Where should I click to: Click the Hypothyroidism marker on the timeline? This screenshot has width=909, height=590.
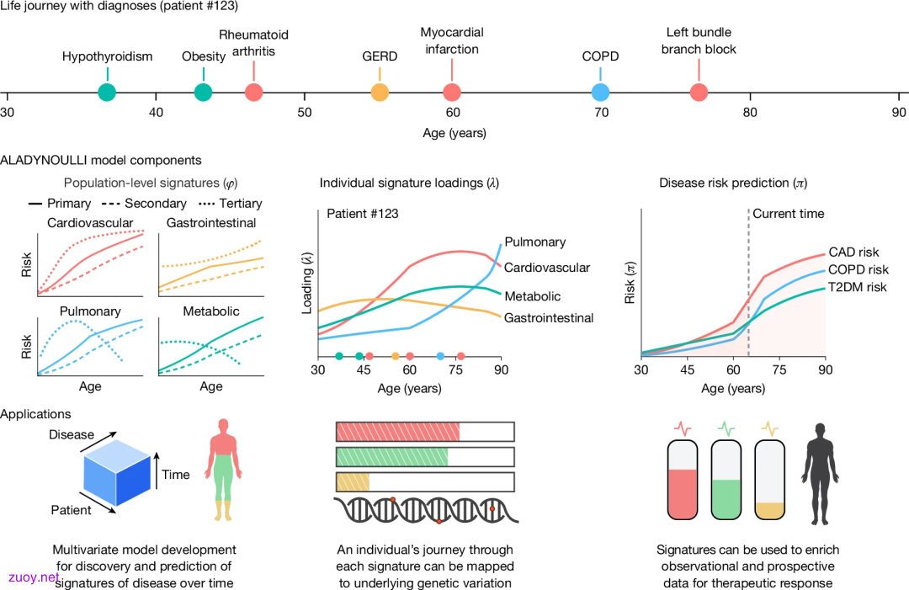(107, 92)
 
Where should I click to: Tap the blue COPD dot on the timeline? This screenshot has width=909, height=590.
(601, 92)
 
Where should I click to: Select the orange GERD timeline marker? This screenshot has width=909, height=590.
(380, 92)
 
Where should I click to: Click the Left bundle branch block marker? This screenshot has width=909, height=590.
(699, 92)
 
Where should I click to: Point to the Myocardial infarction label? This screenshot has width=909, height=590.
(452, 40)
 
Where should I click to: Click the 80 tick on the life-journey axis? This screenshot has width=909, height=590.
(750, 112)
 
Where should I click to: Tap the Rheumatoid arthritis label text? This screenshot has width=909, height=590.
(253, 43)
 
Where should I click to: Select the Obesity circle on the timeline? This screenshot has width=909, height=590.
(203, 92)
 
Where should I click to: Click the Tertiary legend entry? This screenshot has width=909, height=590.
(230, 204)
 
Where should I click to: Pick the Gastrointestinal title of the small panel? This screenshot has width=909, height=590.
(211, 222)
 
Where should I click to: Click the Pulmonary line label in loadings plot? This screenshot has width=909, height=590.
(535, 242)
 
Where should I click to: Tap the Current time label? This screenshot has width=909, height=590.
(789, 213)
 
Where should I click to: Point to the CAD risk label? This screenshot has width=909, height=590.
(853, 252)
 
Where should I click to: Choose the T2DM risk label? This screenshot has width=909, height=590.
(857, 287)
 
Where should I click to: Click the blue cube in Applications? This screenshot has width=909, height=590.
(117, 473)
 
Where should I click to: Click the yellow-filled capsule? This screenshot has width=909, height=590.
(770, 479)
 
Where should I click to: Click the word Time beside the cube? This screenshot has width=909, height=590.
(176, 475)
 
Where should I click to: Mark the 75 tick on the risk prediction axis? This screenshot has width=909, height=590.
(779, 369)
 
